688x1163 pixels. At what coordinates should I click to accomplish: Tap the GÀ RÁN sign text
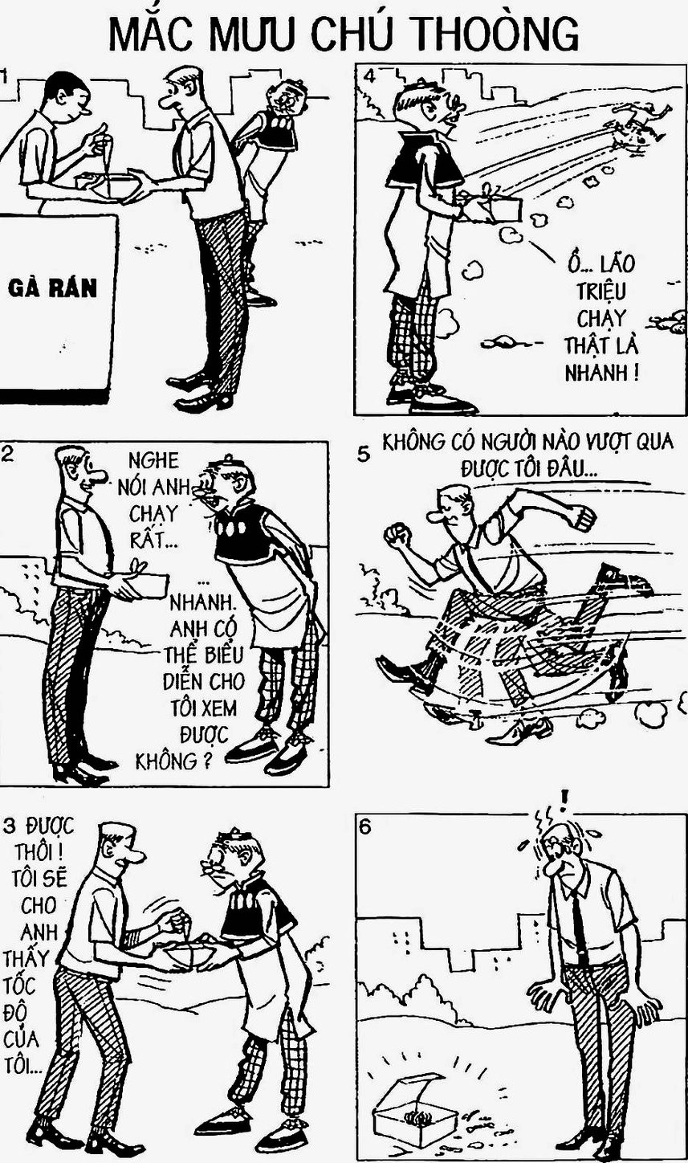coord(53,288)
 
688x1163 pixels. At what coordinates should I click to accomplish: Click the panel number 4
coord(369,76)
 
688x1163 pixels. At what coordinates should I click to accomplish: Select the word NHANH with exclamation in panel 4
coord(601,372)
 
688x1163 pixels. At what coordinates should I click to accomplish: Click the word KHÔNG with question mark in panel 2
coord(174,761)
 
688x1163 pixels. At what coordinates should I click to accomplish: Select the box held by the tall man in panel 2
coord(142,586)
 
